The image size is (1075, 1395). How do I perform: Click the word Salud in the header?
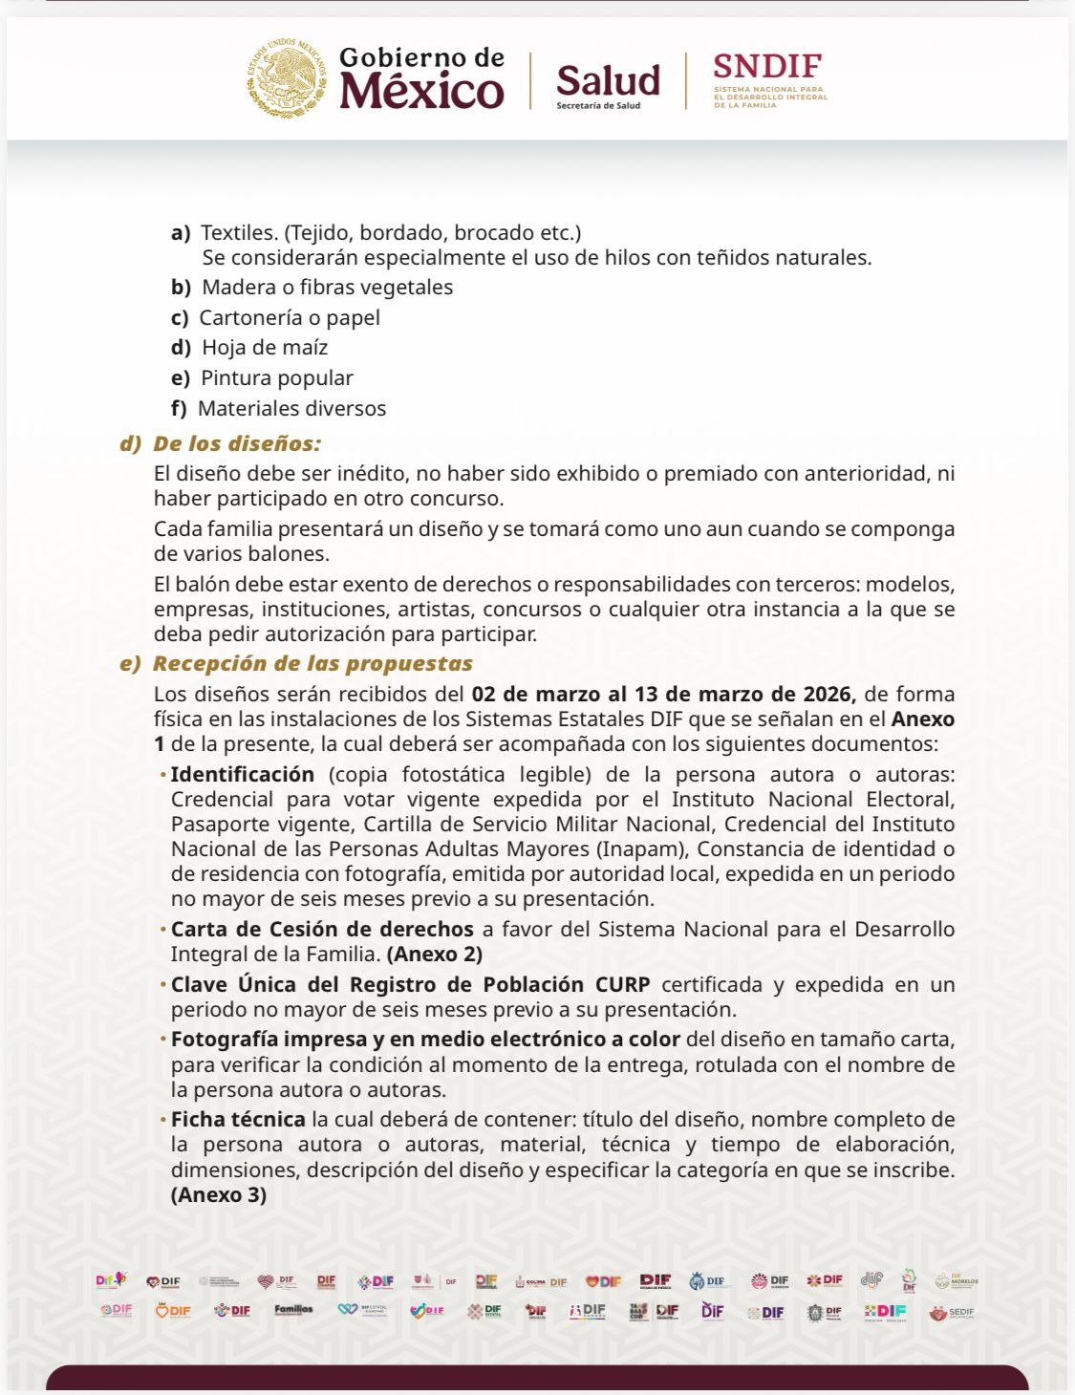pos(608,80)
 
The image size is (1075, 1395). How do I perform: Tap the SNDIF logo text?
pos(767,67)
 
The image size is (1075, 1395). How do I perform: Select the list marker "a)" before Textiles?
pos(181,233)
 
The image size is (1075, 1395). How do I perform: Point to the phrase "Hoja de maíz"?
pos(265,348)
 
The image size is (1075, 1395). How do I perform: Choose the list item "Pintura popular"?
pos(276,378)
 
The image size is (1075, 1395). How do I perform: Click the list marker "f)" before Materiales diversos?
pos(179,409)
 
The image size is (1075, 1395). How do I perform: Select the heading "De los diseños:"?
pos(237,443)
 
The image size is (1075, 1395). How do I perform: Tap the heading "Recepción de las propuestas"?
pos(312,664)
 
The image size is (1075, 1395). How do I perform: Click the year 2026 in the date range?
pos(827,695)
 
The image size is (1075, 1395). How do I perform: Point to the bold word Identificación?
pos(243,775)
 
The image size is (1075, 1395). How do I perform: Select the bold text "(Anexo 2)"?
pos(435,955)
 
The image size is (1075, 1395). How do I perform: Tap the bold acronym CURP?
pos(622,985)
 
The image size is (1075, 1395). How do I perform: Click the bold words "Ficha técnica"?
pos(238,1120)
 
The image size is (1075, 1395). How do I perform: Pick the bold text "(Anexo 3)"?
pos(219,1195)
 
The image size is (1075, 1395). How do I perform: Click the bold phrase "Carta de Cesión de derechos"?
pos(322,930)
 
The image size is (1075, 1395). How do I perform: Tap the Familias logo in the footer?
pos(293,1310)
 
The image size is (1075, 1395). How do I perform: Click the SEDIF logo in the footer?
pos(952,1313)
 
